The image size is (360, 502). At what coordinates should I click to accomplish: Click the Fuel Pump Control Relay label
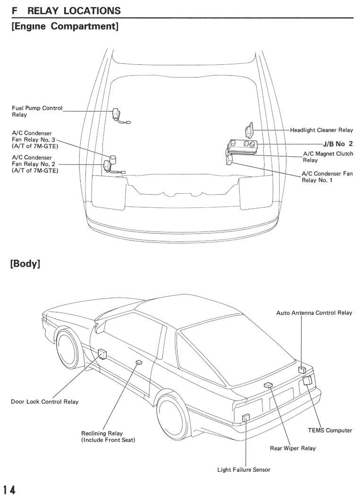pos(37,111)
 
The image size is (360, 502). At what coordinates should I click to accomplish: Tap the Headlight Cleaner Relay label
pos(321,130)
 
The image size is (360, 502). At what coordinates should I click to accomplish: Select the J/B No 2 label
pos(338,144)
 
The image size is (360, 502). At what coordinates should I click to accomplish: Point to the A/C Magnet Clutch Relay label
pos(328,157)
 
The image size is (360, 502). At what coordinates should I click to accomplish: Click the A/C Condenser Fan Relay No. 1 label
pos(327,177)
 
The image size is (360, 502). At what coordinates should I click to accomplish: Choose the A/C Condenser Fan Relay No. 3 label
pos(35,140)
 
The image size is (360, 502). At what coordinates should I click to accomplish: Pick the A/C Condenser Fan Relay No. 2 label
pos(35,164)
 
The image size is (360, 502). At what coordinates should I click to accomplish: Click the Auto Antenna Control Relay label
pos(314,313)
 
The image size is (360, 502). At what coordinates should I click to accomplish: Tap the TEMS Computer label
pos(330,430)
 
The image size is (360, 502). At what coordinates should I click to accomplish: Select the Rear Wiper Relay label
pos(293,448)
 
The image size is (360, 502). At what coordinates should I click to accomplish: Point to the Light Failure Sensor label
pos(244,470)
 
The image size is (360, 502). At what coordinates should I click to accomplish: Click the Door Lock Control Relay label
pos(44,402)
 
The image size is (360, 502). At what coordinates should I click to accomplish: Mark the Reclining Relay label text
pos(108,437)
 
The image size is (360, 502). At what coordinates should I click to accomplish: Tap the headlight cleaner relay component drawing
pos(249,130)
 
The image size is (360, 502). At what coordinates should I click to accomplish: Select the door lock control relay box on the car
pos(103,354)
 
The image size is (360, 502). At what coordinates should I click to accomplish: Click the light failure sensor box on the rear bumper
pos(246,418)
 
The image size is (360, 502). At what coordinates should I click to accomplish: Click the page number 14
pos(9,490)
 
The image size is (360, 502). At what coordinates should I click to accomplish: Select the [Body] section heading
pos(26,264)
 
